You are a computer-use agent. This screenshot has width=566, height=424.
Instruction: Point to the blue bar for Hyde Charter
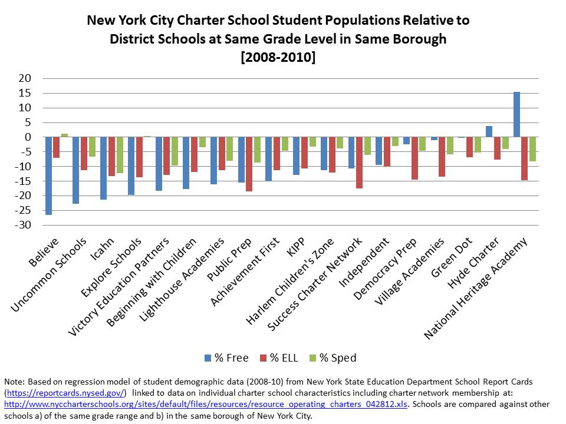489,131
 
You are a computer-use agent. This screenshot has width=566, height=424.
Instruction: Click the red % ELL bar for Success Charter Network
360,163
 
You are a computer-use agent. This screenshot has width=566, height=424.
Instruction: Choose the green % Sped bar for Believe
64,135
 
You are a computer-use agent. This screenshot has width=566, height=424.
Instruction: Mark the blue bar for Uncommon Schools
76,170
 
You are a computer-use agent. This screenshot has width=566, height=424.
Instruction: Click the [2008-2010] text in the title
278,58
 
